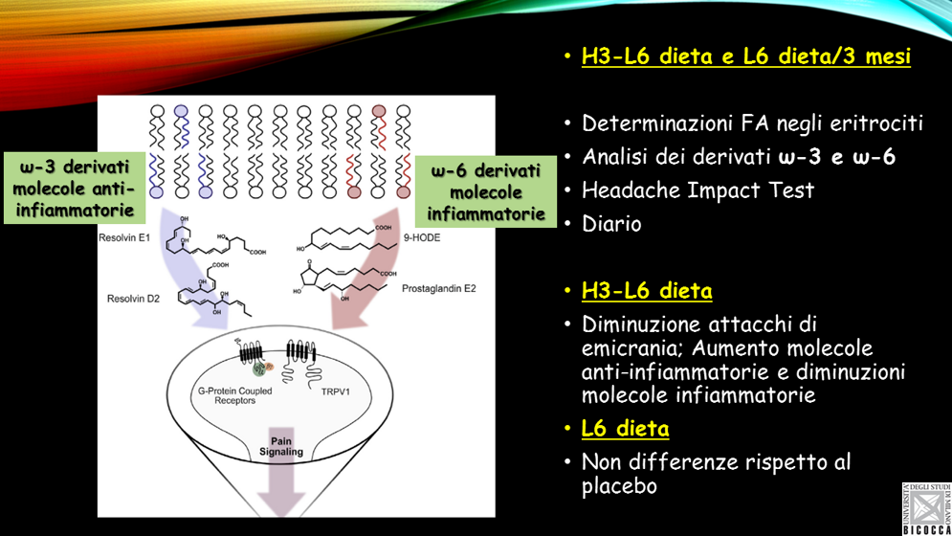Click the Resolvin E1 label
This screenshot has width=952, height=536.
point(124,237)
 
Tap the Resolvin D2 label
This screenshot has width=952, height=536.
point(133,299)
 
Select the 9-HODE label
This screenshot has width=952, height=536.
point(422,237)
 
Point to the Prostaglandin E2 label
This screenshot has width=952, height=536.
point(439,288)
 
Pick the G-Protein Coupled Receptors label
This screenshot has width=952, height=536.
point(234,395)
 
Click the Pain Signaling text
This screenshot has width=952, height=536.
point(281,446)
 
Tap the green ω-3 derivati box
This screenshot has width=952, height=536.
point(74,188)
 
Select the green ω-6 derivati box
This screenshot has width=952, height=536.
point(486,192)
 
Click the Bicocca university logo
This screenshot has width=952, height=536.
point(925,508)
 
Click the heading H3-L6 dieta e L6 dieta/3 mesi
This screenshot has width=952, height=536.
point(745,56)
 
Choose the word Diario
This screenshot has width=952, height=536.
point(611,224)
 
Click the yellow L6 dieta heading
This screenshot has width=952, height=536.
point(625,428)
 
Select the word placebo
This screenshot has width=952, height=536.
point(619,486)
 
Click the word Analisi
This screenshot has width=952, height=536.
point(615,157)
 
